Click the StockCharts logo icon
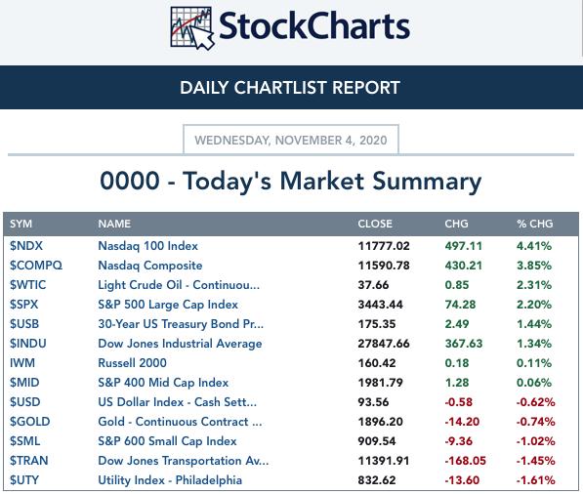(192, 28)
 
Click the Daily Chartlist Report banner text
(290, 88)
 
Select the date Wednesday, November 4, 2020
(291, 141)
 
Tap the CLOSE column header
(375, 224)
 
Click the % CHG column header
(535, 224)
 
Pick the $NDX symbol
(26, 246)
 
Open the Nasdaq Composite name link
(150, 266)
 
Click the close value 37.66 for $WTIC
(373, 285)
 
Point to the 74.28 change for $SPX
(460, 305)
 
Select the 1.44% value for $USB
(534, 324)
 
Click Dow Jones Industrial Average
(180, 344)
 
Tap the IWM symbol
(22, 363)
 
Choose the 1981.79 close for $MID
(380, 383)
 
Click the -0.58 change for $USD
(458, 402)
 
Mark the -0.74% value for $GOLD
(535, 422)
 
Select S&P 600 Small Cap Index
(167, 441)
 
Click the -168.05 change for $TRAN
(465, 461)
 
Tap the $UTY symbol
(24, 480)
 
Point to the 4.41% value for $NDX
(534, 246)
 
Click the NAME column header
(114, 224)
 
